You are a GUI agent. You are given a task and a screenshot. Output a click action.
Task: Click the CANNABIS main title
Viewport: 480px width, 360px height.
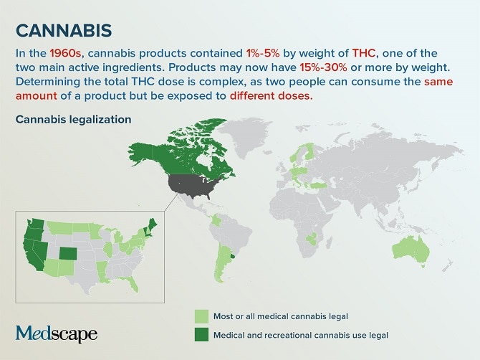tap(64, 30)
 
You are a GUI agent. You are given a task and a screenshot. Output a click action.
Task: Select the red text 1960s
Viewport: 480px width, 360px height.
tap(65, 53)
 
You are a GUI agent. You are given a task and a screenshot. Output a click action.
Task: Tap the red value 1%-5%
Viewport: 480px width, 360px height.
tap(263, 53)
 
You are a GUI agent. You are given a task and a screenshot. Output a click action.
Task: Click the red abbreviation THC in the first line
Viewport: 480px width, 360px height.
tap(364, 53)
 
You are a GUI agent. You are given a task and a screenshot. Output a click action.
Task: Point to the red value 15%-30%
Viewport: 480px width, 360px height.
tap(323, 67)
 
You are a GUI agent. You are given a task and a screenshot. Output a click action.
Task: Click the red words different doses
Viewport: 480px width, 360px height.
tap(272, 96)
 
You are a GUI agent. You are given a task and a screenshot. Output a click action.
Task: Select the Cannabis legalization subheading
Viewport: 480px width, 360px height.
tap(74, 119)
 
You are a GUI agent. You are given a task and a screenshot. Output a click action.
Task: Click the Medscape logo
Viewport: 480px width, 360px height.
tap(57, 333)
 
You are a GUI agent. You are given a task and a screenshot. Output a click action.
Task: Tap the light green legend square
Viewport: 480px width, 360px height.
tap(201, 316)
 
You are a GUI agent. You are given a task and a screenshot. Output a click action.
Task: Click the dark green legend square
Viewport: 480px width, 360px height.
tap(201, 335)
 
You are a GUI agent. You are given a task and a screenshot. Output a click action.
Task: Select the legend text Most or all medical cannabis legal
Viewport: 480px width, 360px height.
tap(281, 316)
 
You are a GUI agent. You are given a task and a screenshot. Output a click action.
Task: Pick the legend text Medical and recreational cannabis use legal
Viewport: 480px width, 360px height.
tap(301, 335)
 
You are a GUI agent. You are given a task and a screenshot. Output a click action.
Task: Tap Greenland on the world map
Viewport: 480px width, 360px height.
tap(245, 136)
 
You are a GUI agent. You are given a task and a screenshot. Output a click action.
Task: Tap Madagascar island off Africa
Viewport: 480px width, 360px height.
tap(328, 242)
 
